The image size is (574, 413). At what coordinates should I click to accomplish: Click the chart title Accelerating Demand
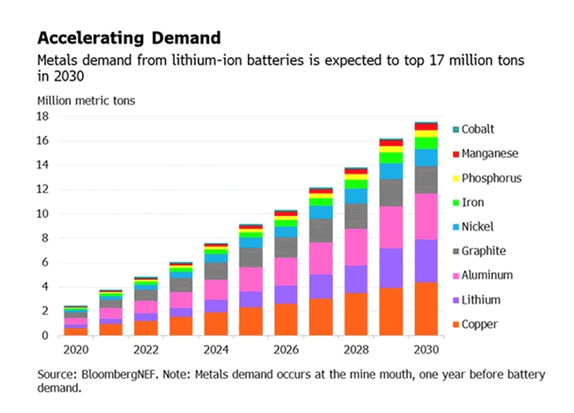128,37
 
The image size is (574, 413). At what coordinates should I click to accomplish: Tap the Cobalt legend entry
477,129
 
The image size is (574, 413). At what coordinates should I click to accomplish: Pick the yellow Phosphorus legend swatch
455,178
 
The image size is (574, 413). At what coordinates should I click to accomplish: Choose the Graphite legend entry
483,251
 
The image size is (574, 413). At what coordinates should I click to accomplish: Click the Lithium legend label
481,300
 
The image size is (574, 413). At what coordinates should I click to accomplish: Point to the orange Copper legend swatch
455,325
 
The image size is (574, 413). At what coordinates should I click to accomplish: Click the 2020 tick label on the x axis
76,351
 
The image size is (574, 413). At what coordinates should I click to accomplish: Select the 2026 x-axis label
286,351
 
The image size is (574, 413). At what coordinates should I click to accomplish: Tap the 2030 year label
426,351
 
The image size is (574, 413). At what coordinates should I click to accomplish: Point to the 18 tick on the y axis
43,116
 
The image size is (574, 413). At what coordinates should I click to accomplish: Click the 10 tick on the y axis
43,214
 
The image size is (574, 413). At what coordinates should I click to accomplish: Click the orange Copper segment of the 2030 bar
426,309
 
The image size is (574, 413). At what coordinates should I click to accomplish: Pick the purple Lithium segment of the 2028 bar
356,279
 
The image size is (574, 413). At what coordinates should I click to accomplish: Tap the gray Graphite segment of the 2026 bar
286,247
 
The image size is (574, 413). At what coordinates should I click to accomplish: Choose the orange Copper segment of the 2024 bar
216,324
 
